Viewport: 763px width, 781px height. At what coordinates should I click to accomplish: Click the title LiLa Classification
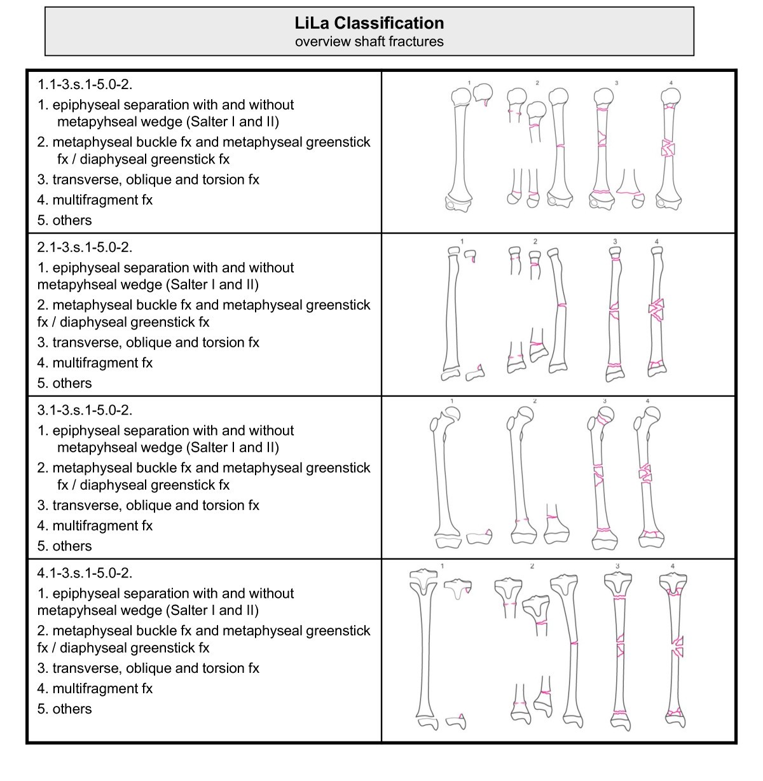[369, 23]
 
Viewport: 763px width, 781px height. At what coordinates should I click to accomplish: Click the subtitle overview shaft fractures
[369, 41]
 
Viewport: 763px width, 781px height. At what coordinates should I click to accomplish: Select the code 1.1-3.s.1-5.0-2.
[85, 84]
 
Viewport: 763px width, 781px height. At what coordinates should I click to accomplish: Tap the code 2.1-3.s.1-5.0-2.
[85, 247]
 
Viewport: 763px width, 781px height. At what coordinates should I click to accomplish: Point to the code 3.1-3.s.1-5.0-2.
[85, 410]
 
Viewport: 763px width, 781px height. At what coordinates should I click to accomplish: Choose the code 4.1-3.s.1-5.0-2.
[85, 572]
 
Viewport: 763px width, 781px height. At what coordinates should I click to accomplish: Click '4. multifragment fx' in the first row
[95, 200]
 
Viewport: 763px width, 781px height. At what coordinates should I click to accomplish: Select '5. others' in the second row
[64, 383]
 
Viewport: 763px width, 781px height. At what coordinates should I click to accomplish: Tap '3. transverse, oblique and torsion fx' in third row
[148, 505]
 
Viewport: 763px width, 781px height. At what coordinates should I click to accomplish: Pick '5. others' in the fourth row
[64, 708]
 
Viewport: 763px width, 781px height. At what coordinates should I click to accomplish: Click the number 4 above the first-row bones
[671, 83]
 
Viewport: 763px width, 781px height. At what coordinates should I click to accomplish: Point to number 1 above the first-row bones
[469, 83]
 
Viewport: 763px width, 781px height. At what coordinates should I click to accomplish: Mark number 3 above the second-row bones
[615, 241]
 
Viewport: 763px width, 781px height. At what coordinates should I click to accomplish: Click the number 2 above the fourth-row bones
[532, 565]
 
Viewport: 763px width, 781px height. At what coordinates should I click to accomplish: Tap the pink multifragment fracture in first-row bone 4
[668, 149]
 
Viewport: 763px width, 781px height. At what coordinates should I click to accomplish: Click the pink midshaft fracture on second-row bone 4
[656, 309]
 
